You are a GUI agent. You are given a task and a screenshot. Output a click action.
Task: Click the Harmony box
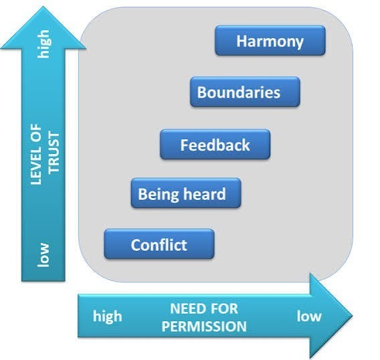[x=270, y=41]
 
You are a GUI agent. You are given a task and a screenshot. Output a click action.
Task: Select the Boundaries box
[x=245, y=92]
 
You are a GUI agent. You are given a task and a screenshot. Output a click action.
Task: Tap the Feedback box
[x=215, y=145]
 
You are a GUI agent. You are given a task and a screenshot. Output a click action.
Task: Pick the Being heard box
[x=186, y=193]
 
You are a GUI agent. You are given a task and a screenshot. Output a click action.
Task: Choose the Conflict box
[x=159, y=244]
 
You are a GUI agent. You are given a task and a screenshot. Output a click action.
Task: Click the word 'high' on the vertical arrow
[x=44, y=44]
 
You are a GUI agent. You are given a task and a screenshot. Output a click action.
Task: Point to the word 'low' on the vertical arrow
[x=43, y=255]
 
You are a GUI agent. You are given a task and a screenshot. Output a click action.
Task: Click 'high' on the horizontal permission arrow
[x=107, y=317]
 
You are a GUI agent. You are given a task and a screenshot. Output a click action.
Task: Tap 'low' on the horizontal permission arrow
[x=309, y=316]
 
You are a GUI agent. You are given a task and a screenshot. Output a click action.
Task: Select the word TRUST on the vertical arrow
[x=54, y=153]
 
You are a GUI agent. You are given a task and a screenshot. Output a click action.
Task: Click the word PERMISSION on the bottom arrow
[x=204, y=326]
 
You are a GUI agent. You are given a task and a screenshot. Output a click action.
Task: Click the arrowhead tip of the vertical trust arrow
[x=43, y=7]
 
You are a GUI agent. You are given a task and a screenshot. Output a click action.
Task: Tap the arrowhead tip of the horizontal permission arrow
[x=353, y=316]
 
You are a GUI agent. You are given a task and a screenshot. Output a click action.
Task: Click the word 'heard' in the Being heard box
[x=204, y=194]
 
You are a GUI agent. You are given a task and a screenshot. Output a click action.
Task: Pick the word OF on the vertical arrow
[x=36, y=131]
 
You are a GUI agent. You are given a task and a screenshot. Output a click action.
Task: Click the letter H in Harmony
[x=242, y=41]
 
